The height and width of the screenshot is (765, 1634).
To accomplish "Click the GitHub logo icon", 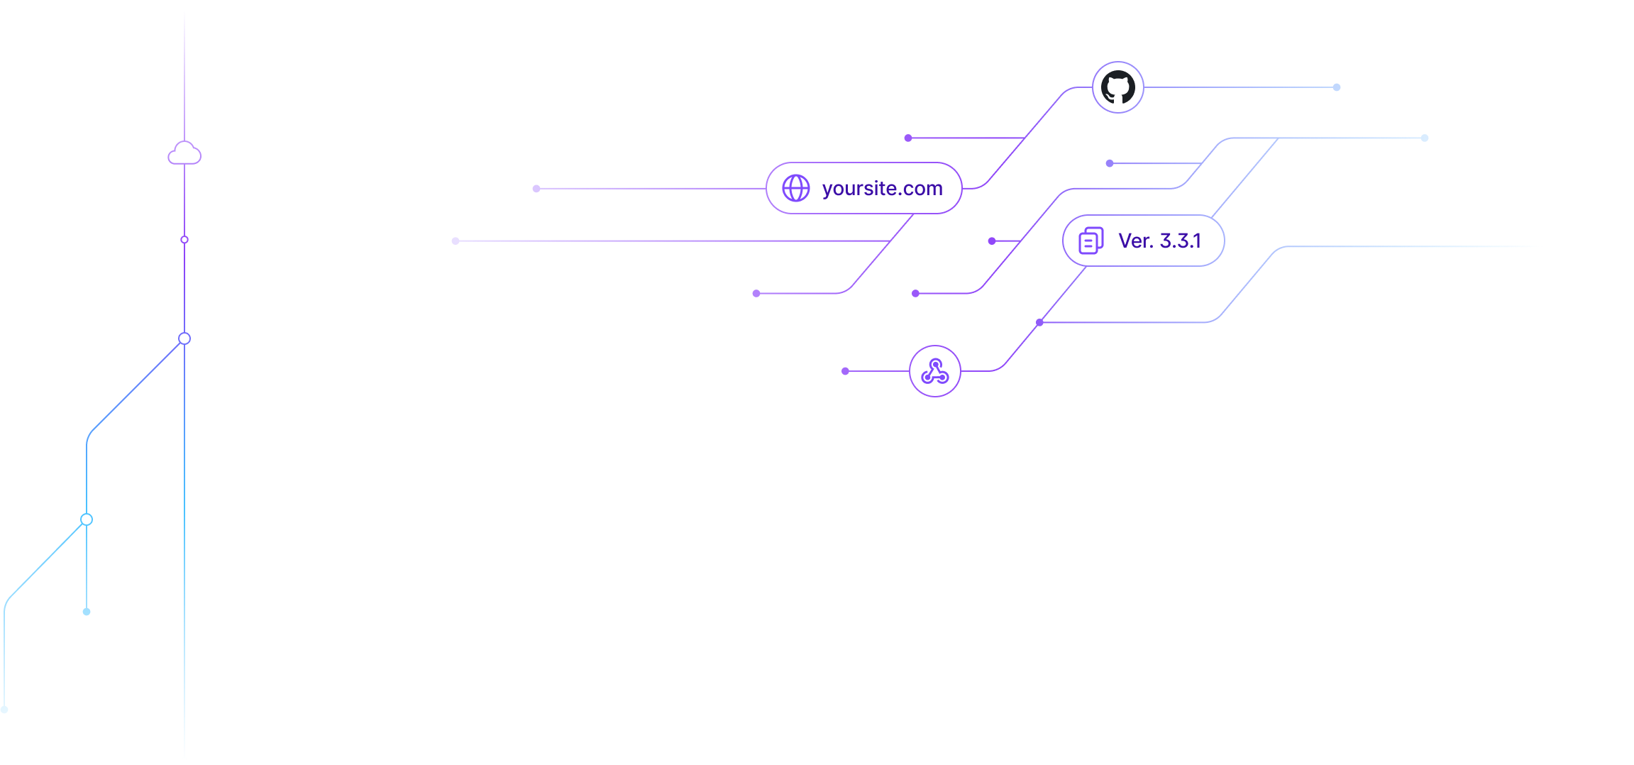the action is click(x=1117, y=87).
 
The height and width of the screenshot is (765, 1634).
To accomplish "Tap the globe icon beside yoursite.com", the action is click(x=796, y=188).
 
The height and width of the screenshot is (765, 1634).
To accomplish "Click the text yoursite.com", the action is click(x=882, y=189).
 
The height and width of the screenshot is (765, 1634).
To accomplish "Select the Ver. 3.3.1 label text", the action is click(x=1159, y=241).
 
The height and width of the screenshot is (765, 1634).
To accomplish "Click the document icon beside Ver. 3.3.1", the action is click(x=1091, y=241).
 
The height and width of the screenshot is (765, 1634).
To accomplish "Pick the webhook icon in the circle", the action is click(x=935, y=371).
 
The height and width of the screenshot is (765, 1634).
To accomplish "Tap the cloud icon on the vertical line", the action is click(x=184, y=153).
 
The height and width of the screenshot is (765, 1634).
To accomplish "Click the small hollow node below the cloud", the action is click(x=184, y=240).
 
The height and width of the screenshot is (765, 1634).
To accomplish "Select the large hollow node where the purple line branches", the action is click(x=184, y=339).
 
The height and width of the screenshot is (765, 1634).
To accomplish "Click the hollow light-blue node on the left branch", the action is click(x=87, y=519).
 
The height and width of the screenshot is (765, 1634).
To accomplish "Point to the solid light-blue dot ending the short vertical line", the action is click(x=87, y=612).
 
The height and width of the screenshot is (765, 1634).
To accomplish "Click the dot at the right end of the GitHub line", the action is click(x=1337, y=87).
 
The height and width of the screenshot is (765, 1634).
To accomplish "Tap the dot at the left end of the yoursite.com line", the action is click(x=536, y=189).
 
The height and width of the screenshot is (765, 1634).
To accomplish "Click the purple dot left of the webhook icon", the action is click(x=845, y=371).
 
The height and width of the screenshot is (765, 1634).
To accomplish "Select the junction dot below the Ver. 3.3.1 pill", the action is click(x=1039, y=323).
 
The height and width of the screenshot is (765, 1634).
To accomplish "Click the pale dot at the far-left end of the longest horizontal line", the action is click(x=456, y=241).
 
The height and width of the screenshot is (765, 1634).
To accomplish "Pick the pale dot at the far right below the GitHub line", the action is click(x=1425, y=138).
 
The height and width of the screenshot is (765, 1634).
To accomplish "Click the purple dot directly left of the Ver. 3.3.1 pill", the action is click(x=992, y=241).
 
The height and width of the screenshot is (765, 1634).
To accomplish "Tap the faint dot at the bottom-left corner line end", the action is click(x=4, y=710).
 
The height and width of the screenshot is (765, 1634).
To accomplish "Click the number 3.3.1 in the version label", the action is click(x=1181, y=241).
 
